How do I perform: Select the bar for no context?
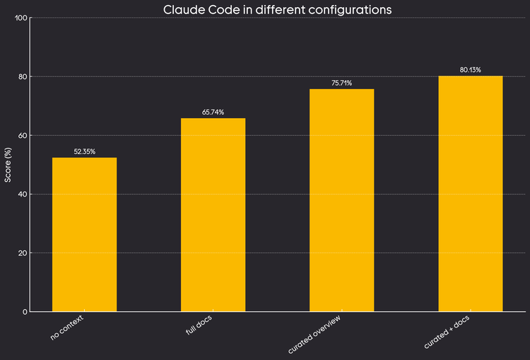coord(85,234)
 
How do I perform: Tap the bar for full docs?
coord(213,214)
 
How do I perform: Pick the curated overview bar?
coord(342,200)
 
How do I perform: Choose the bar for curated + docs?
coord(471,193)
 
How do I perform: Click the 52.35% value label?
coord(85,151)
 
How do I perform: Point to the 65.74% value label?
coord(213,112)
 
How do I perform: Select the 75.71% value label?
coord(342,83)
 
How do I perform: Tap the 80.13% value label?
coord(471,69)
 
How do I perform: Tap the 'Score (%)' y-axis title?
coord(8,164)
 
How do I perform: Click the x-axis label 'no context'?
coord(67,328)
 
